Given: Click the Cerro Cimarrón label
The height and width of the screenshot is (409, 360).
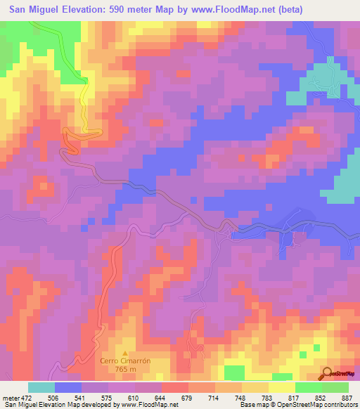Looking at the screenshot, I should (126, 360).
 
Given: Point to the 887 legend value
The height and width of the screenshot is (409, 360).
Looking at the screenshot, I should (347, 396).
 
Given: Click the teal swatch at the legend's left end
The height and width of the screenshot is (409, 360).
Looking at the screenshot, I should (41, 387).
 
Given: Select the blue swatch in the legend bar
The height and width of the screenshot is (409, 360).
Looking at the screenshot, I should (68, 387).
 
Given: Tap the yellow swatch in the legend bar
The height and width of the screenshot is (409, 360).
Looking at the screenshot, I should (281, 387).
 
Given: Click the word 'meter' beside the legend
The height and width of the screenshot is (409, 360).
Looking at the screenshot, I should (8, 396).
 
